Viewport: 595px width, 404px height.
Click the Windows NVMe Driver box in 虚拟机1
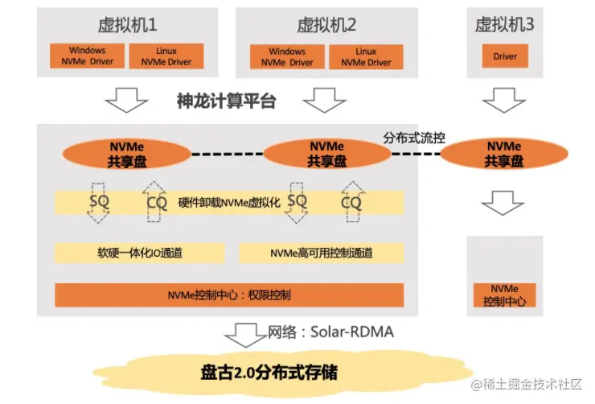(88, 56)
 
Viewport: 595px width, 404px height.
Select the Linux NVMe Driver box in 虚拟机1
(166, 56)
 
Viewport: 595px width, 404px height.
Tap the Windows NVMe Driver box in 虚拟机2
(288, 56)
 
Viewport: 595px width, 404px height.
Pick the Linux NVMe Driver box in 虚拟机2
(367, 56)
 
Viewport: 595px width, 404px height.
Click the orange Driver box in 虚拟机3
(505, 56)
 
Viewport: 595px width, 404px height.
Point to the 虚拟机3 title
(505, 24)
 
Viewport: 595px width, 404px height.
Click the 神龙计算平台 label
(226, 101)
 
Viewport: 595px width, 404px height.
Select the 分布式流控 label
(415, 138)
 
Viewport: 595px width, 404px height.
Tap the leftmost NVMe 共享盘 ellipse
(129, 154)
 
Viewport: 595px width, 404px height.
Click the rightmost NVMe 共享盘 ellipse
(504, 154)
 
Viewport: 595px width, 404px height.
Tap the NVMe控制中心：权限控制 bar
(229, 295)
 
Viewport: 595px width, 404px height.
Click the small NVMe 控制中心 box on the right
(504, 295)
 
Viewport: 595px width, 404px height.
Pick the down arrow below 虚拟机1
(126, 101)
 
